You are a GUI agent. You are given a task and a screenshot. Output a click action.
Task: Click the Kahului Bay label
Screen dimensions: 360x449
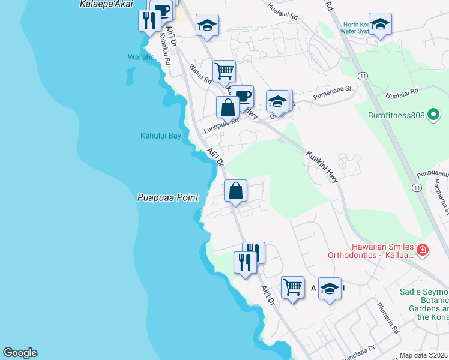(x=160, y=136)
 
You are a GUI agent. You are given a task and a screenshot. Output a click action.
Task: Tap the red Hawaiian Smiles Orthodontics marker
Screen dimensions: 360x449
(x=422, y=250)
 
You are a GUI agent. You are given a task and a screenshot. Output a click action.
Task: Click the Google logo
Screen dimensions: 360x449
(x=20, y=353)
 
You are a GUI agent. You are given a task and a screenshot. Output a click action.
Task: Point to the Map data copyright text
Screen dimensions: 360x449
(x=424, y=355)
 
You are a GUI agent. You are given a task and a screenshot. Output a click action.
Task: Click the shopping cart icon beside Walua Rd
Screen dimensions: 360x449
(x=224, y=70)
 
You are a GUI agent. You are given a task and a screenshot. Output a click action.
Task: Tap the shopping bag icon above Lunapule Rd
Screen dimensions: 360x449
(x=228, y=107)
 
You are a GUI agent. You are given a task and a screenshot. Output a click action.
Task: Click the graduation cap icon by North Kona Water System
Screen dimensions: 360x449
(x=379, y=24)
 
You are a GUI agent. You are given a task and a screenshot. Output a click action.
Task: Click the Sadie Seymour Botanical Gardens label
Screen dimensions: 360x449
(x=423, y=304)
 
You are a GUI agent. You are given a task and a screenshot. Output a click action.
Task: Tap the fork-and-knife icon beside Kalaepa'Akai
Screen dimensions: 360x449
(x=148, y=20)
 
